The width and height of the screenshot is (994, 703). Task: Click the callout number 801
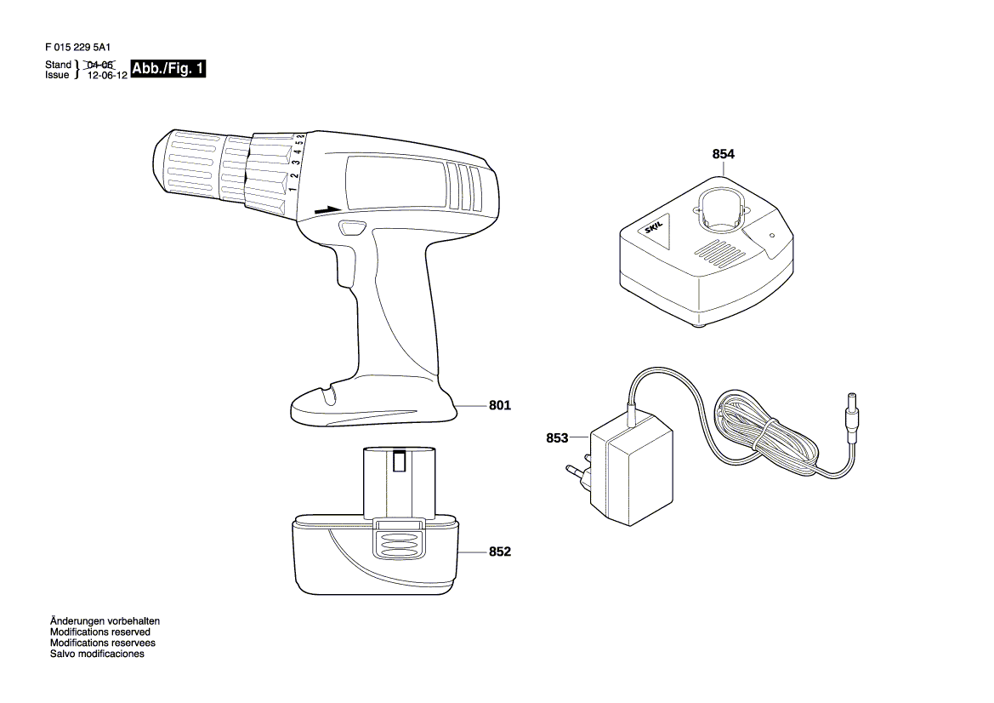tap(499, 405)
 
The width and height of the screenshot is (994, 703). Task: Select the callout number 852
tap(499, 552)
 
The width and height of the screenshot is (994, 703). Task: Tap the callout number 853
tap(557, 437)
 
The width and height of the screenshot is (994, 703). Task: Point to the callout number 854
tap(724, 154)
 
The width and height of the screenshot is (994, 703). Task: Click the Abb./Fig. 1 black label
tap(168, 69)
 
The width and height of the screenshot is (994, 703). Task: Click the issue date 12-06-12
tap(107, 75)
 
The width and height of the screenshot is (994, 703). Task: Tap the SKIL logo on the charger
tap(654, 227)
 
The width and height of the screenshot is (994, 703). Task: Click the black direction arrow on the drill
tap(327, 210)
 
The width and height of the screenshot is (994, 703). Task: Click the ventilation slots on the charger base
tap(720, 251)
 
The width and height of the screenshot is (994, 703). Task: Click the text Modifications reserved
tap(100, 632)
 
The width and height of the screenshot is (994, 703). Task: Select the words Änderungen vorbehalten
tap(105, 621)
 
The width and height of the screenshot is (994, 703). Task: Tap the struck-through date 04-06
tap(99, 65)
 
